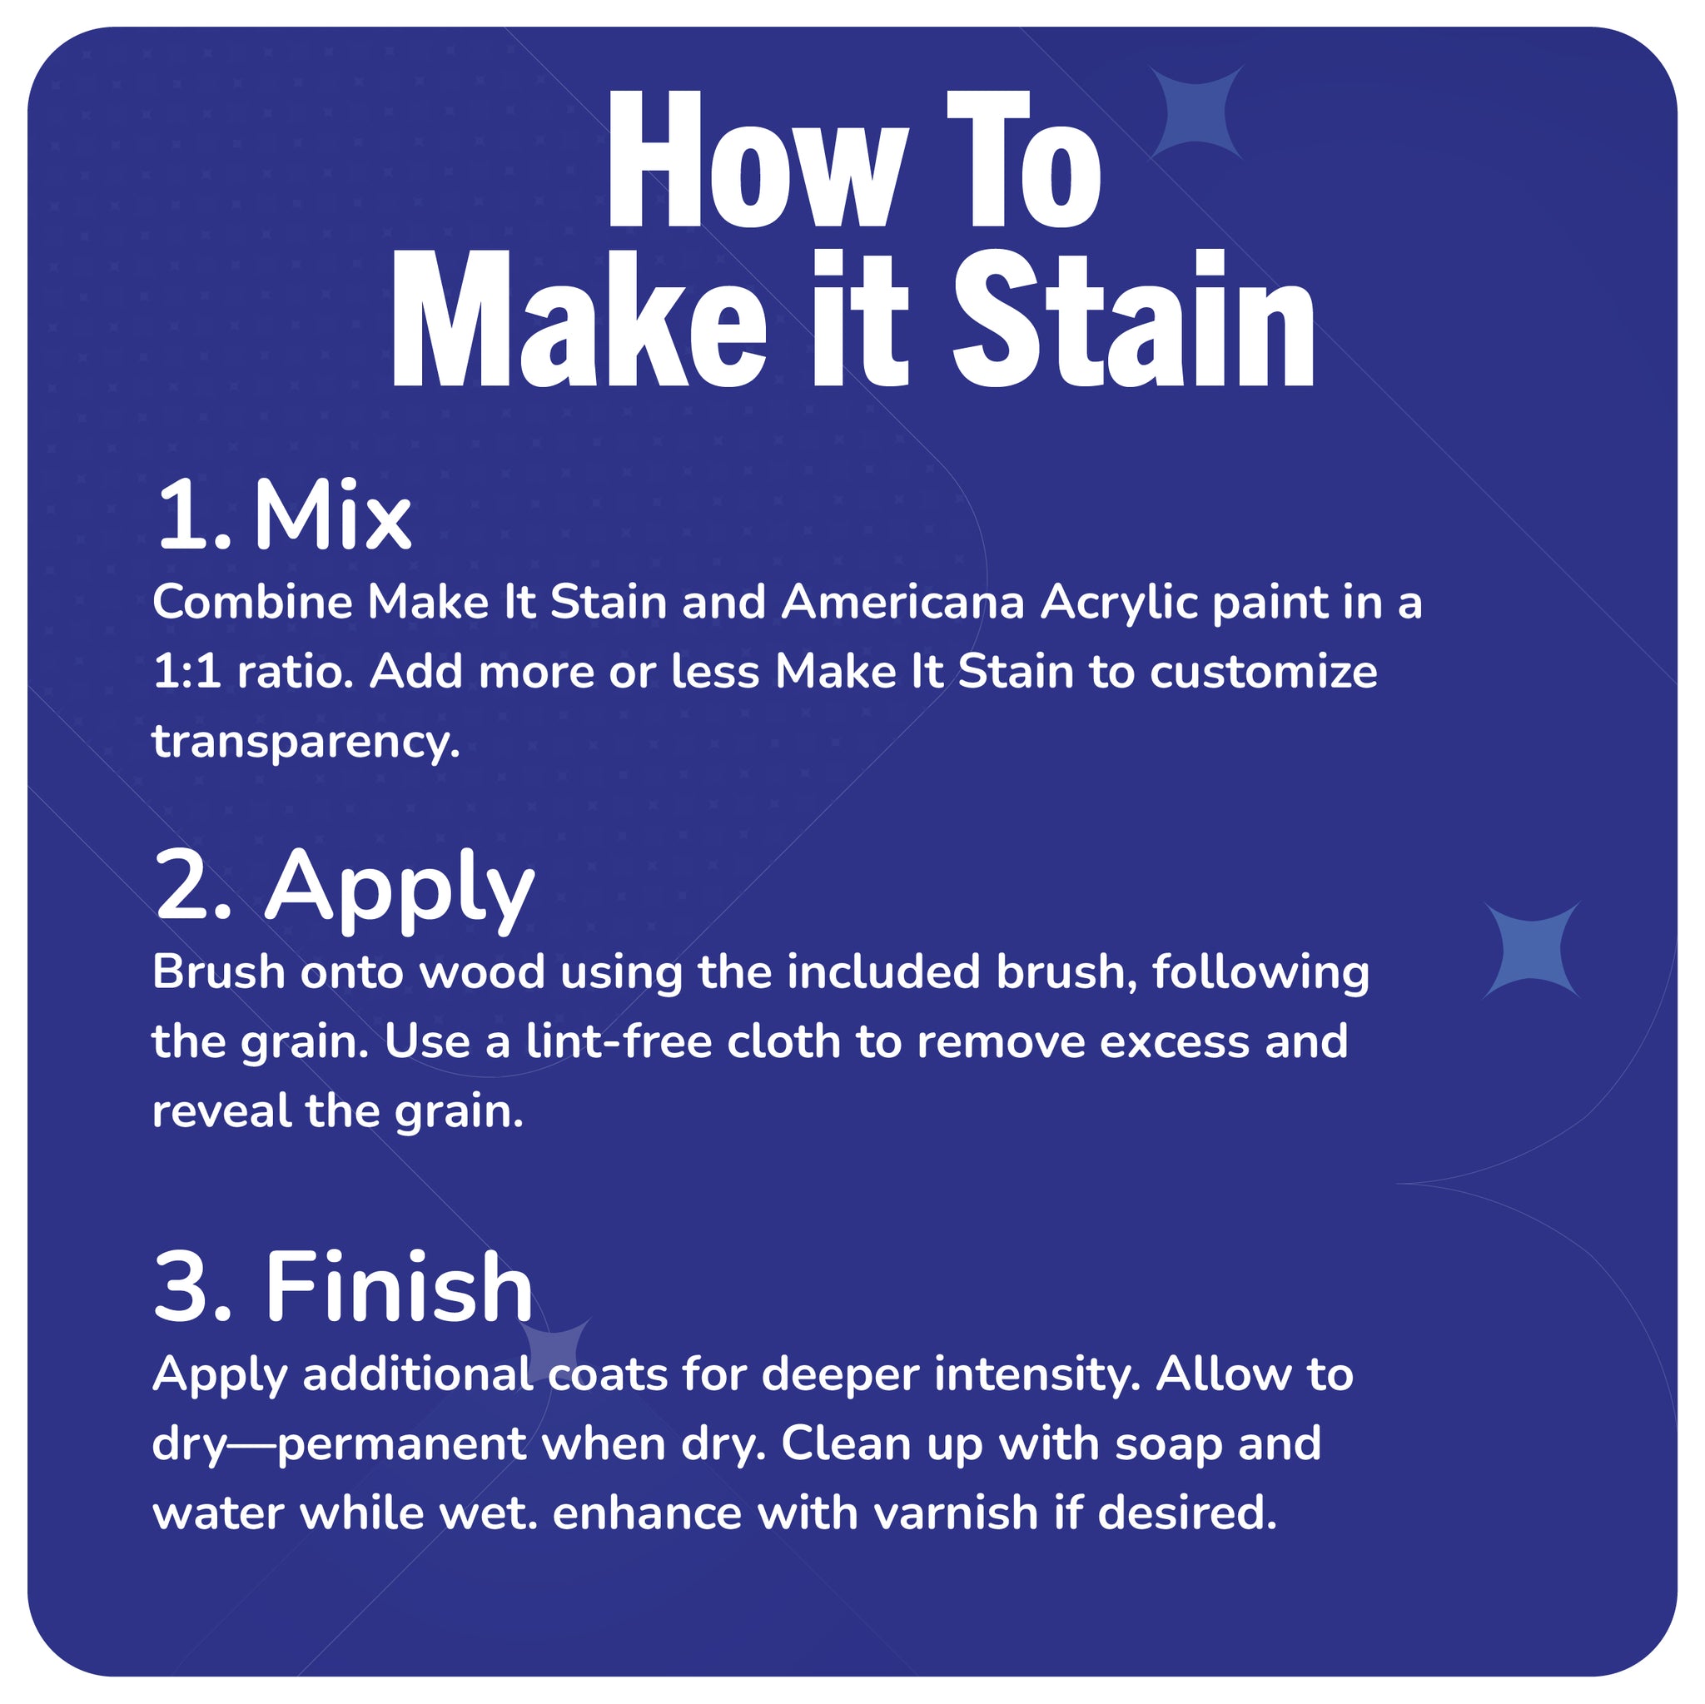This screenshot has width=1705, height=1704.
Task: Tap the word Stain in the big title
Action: (1133, 320)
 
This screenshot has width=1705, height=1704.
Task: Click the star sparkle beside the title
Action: (1196, 113)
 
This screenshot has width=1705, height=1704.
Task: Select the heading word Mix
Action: (333, 517)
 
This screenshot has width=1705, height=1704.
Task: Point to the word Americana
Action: (902, 603)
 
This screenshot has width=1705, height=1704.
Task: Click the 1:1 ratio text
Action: (246, 673)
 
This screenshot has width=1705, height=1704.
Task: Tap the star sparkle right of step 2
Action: (1531, 951)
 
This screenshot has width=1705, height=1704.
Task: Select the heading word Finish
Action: (399, 1289)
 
